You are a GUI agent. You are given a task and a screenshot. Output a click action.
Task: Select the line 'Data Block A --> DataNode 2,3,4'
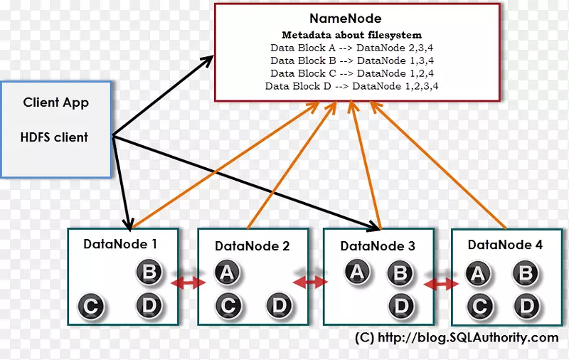tap(351, 48)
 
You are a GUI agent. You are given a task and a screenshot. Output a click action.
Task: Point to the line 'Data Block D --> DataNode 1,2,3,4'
tap(351, 86)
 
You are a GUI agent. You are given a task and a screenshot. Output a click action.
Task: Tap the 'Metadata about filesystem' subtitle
tap(351, 35)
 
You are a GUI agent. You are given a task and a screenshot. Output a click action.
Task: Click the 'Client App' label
tap(56, 102)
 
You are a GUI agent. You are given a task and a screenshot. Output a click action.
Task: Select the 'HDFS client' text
tap(54, 137)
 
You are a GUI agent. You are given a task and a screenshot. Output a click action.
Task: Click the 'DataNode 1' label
tap(120, 244)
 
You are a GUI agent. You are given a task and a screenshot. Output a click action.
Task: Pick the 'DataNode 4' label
tap(505, 245)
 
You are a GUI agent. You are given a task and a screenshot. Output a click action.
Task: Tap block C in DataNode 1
tap(90, 307)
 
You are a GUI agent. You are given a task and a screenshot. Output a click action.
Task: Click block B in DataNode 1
tap(149, 272)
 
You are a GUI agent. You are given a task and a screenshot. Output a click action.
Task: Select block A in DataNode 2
tap(227, 272)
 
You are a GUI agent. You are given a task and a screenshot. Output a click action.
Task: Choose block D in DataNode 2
tap(280, 307)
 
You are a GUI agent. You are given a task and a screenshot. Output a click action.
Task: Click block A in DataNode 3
tap(358, 272)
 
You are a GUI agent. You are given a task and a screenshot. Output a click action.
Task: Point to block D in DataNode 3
tap(402, 307)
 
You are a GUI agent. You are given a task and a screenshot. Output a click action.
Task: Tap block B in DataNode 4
tap(526, 272)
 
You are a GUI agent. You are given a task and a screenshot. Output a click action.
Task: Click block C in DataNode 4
tap(480, 307)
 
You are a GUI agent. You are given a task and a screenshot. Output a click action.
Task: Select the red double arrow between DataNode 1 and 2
tap(188, 283)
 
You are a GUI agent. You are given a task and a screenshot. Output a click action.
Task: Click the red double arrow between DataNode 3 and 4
tap(441, 284)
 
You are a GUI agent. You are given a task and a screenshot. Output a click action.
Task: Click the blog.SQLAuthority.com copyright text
tap(457, 338)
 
